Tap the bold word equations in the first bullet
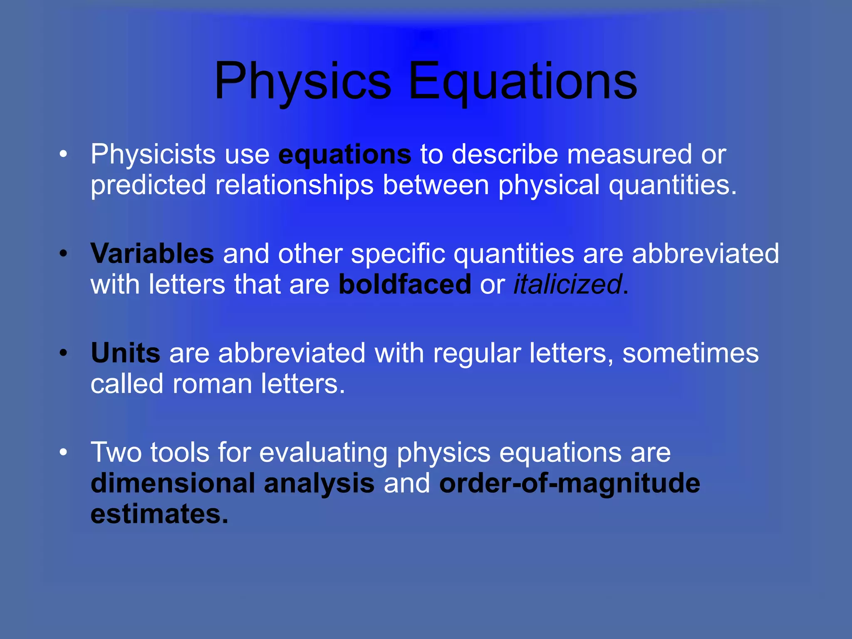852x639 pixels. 344,155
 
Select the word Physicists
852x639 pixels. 153,155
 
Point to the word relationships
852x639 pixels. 294,185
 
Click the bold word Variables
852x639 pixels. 152,253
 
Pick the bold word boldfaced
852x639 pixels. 405,285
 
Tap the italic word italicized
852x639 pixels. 567,285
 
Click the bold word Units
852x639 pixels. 125,353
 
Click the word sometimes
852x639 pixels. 690,353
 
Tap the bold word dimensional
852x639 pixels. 173,483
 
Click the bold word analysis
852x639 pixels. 319,483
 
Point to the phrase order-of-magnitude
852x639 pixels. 570,483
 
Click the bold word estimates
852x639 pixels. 159,514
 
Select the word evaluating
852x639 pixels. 323,453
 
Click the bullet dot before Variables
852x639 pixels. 63,253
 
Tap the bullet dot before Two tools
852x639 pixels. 63,453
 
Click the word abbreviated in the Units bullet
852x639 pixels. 292,353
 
